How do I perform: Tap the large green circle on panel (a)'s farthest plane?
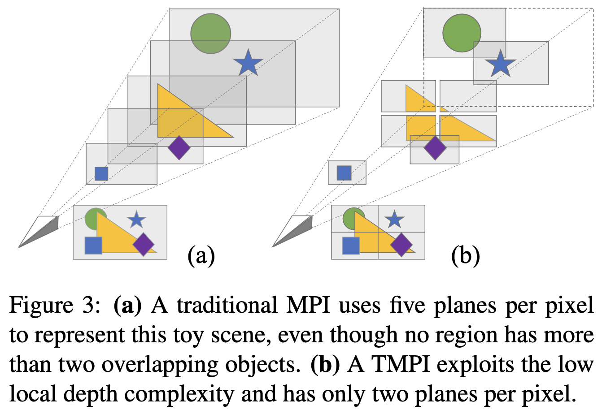coord(210,34)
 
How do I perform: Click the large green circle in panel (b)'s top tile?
coord(462,33)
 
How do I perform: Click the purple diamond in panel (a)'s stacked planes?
coord(179,148)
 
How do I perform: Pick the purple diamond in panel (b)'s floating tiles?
coord(434,148)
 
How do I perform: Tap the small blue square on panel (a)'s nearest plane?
coord(101,173)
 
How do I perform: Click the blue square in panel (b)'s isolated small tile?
coord(344,172)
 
